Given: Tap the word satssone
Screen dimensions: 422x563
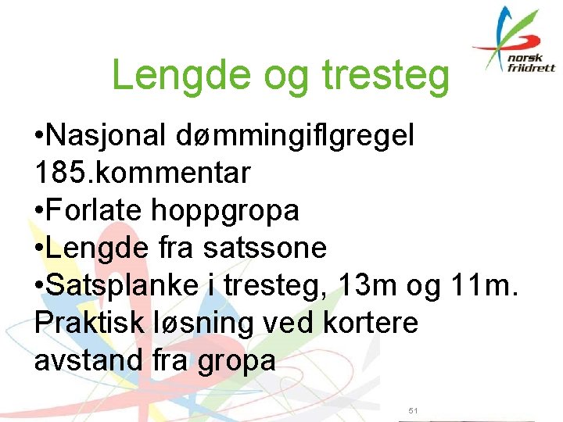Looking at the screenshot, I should pos(264,249).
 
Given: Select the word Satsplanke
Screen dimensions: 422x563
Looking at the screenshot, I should pos(123,286).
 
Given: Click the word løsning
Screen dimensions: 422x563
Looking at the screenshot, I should pos(206,324).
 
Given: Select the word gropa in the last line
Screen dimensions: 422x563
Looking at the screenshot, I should pos(237,361).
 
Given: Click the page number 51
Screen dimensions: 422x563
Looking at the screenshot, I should pos(414,410).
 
